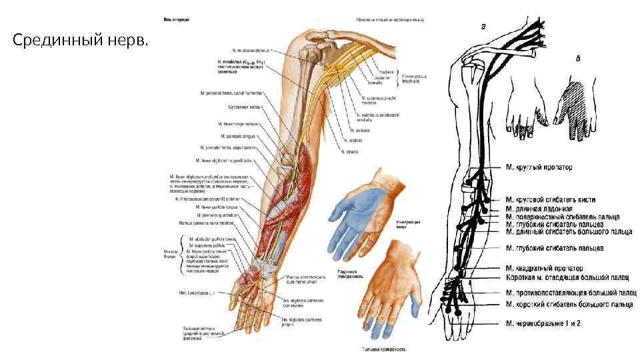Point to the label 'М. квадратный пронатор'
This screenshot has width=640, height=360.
point(546,269)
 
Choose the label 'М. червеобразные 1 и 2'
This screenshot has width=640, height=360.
point(543,324)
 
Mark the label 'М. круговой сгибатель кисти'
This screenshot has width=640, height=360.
point(551,199)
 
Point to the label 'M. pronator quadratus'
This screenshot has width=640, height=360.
point(214,215)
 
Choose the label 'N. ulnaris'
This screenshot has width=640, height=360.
point(349,151)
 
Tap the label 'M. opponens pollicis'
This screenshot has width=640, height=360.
point(206,245)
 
